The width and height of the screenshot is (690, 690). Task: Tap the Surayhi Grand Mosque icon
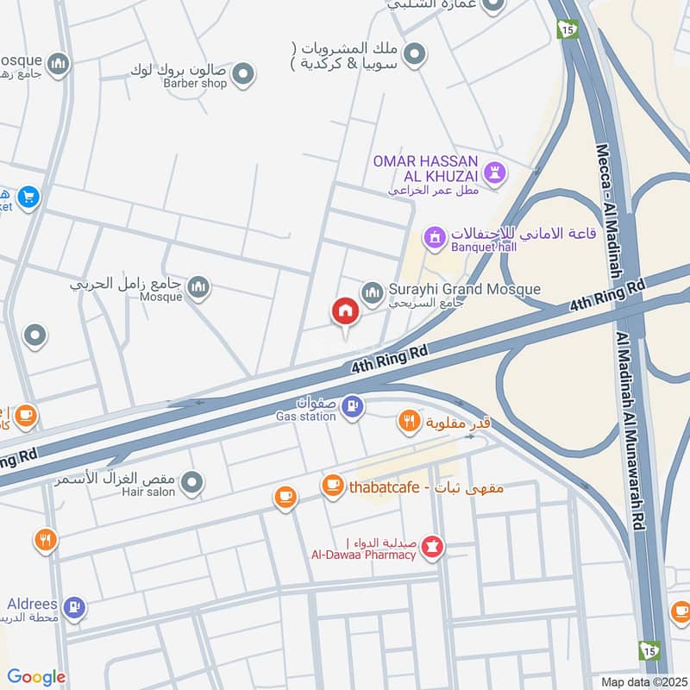[372, 294]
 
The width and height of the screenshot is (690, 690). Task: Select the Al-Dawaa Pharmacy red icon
[433, 546]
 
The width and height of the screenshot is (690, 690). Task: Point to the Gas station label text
[305, 417]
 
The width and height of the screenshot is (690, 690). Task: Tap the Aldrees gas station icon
[75, 607]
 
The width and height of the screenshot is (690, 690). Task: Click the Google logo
[36, 677]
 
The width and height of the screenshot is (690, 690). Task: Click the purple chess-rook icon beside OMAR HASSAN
[494, 171]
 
